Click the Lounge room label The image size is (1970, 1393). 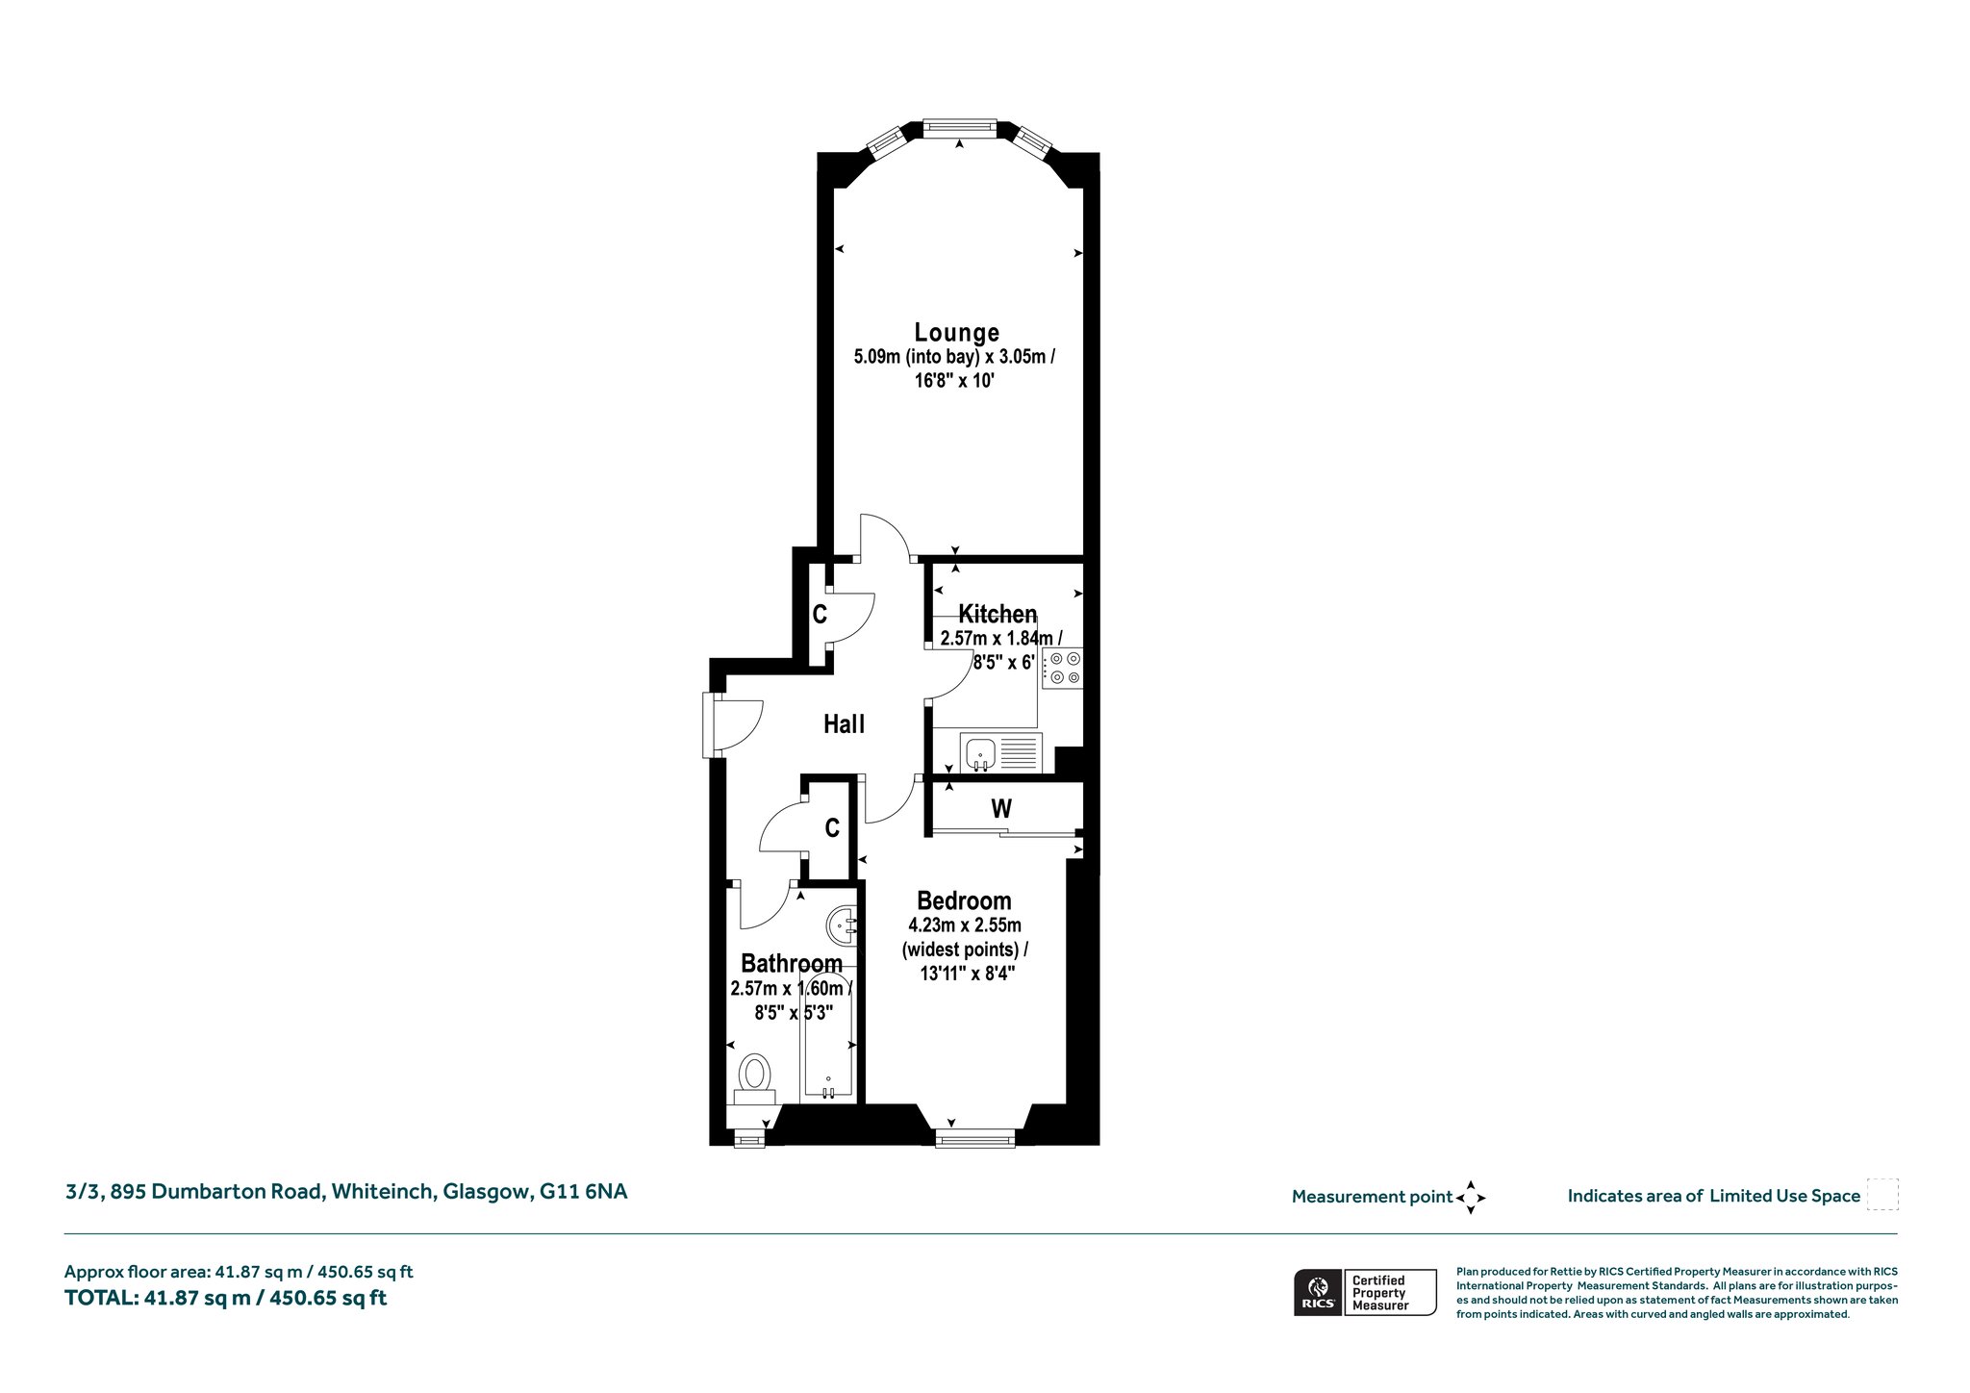coord(956,333)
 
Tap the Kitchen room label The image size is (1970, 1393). coord(998,614)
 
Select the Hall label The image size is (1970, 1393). coord(844,724)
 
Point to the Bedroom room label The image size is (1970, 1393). coord(964,901)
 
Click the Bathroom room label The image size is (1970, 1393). coord(792,963)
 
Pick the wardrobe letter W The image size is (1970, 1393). coord(1001,809)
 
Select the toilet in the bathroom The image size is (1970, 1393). coord(755,1079)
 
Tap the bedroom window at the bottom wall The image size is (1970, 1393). coord(975,1139)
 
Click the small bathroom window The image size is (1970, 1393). coord(748,1139)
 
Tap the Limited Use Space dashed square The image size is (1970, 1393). coord(1882,1195)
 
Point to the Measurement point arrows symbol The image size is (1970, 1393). coord(1471,1198)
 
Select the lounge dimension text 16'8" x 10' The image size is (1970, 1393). coord(956,382)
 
